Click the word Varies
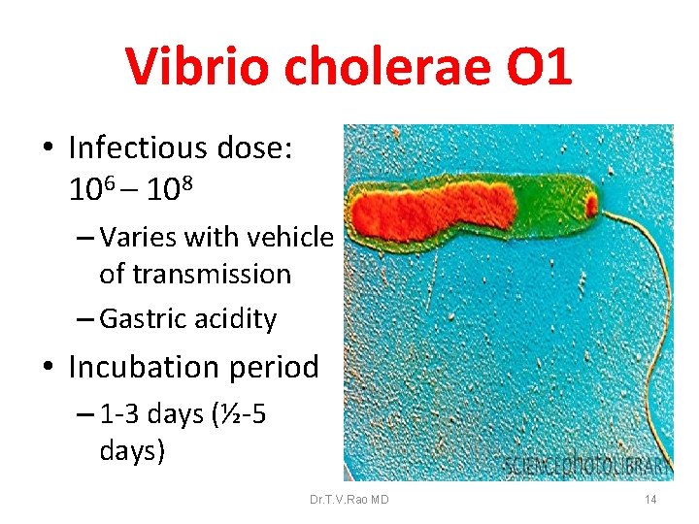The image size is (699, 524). tap(142, 238)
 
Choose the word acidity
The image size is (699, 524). tap(236, 319)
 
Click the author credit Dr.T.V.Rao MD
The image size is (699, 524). tap(349, 500)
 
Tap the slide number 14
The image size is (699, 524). tap(650, 500)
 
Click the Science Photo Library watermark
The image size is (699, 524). tap(587, 467)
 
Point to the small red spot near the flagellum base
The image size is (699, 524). tap(589, 205)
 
